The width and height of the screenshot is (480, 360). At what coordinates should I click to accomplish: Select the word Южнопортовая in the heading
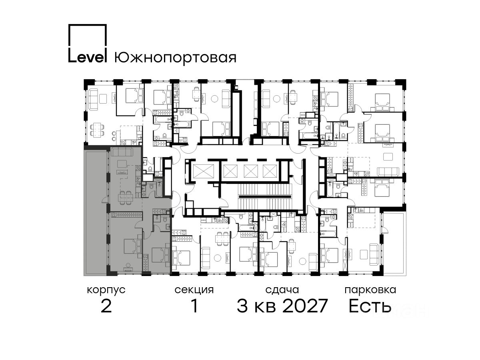(175, 58)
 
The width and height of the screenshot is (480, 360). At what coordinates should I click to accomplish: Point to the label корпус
(106, 290)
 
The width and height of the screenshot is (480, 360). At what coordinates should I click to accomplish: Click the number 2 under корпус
(106, 306)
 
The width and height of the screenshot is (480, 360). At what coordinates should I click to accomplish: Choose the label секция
(194, 290)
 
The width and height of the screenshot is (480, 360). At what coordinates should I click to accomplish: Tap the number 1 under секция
(194, 306)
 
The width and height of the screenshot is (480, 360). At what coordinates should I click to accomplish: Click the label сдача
(282, 290)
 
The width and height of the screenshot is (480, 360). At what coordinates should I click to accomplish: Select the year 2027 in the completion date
(305, 306)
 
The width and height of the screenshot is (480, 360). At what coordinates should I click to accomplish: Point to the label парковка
(370, 290)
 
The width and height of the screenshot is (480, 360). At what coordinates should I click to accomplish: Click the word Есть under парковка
(370, 306)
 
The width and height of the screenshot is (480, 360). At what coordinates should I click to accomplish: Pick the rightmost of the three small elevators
(270, 171)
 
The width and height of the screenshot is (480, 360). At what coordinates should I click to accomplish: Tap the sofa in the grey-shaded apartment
(121, 152)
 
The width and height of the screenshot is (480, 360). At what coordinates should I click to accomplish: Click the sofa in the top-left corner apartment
(93, 99)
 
